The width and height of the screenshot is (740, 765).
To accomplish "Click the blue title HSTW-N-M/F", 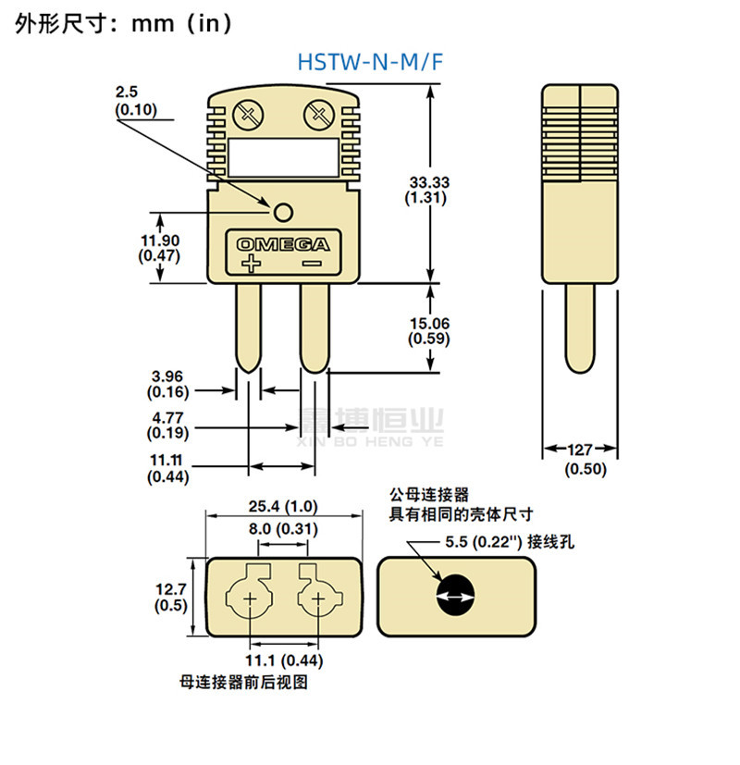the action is pyautogui.click(x=370, y=62).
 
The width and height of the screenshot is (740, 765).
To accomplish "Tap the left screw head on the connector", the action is pyautogui.click(x=248, y=116).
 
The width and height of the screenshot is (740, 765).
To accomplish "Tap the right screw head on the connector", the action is pyautogui.click(x=318, y=116).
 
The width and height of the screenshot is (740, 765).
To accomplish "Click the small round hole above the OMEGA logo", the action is pyautogui.click(x=283, y=212).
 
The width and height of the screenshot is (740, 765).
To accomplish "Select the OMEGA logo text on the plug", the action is pyautogui.click(x=283, y=244).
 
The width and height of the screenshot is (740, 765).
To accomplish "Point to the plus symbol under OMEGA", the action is pyautogui.click(x=252, y=264).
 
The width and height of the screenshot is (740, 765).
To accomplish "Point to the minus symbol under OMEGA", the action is pyautogui.click(x=313, y=264).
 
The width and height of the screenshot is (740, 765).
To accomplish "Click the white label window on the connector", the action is pyautogui.click(x=283, y=157).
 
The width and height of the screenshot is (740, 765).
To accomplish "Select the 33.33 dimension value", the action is pyautogui.click(x=429, y=182).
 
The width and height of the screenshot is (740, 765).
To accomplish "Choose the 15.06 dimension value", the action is pyautogui.click(x=429, y=324).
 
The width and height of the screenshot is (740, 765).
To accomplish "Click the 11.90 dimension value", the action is pyautogui.click(x=160, y=241).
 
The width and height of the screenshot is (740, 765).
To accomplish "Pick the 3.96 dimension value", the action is pyautogui.click(x=167, y=376).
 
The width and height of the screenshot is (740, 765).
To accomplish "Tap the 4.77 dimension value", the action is pyautogui.click(x=167, y=417).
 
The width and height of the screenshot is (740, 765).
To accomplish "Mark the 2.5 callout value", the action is pyautogui.click(x=127, y=92).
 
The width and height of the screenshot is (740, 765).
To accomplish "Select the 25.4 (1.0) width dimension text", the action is pyautogui.click(x=283, y=506).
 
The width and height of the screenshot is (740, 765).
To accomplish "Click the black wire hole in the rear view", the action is pyautogui.click(x=455, y=595).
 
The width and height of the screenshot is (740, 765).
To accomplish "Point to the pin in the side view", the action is pyautogui.click(x=580, y=327).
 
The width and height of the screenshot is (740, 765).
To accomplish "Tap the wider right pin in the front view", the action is pyautogui.click(x=314, y=327).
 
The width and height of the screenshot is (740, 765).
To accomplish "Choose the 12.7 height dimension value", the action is pyautogui.click(x=171, y=589).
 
